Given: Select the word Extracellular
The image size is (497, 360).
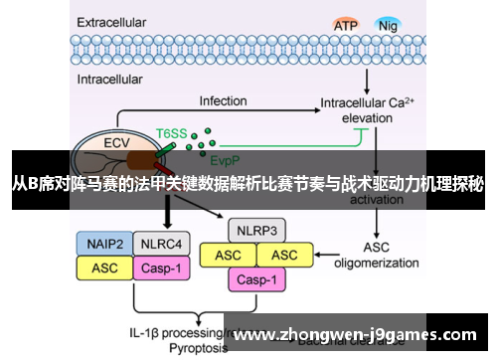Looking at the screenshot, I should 112,20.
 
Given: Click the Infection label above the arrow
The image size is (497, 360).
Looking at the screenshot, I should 223,101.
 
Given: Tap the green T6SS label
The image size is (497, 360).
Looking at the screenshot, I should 170,131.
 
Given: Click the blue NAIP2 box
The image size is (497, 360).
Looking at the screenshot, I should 102,243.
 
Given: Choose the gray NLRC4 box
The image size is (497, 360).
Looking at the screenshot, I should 157,243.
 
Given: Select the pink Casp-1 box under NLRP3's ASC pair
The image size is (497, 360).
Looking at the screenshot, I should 257,279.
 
